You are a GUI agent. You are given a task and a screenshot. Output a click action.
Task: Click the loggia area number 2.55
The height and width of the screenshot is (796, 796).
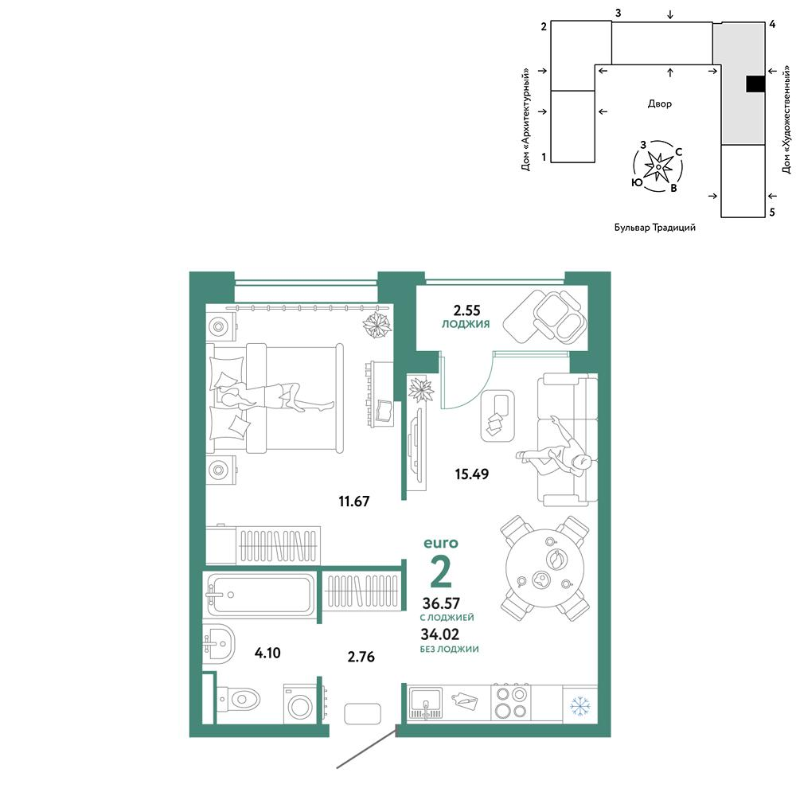tap(466, 310)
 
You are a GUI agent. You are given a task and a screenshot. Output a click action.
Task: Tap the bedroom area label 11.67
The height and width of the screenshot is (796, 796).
tap(354, 501)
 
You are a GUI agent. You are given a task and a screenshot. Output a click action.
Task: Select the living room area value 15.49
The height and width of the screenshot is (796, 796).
tap(471, 474)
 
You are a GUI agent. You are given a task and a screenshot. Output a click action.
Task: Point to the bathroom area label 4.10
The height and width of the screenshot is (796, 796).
tap(267, 653)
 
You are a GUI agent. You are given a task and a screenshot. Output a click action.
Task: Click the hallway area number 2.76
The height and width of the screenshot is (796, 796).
tap(361, 657)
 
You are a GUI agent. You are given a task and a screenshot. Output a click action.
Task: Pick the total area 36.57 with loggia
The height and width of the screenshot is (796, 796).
tap(441, 603)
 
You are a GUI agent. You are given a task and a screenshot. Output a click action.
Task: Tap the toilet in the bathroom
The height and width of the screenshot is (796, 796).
tap(237, 700)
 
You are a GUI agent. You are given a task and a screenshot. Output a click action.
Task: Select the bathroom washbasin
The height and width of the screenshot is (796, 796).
tap(219, 643)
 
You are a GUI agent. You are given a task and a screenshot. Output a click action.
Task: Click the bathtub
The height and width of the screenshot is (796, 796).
tap(260, 594)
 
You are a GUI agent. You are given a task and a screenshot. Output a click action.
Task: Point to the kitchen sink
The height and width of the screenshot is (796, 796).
tap(425, 703)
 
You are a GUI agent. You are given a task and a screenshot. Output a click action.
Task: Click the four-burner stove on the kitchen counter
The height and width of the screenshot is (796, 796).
tap(511, 703)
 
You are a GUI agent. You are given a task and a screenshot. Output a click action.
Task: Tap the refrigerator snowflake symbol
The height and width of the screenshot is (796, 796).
tap(579, 706)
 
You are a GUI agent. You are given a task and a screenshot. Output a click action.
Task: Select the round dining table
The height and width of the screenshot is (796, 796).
tap(545, 568)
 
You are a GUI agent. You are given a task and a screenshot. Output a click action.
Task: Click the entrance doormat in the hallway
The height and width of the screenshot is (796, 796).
tap(362, 714)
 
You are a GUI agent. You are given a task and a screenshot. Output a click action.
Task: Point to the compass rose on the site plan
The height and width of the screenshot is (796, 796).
tap(657, 166)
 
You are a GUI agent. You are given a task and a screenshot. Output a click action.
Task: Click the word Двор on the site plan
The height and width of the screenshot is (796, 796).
tap(659, 103)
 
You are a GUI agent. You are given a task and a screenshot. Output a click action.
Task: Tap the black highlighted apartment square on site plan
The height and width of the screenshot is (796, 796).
tap(755, 84)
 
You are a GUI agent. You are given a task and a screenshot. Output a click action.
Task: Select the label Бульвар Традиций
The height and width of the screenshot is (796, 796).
tap(655, 228)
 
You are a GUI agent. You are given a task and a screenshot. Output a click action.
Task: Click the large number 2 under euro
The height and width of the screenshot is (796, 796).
tap(441, 572)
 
